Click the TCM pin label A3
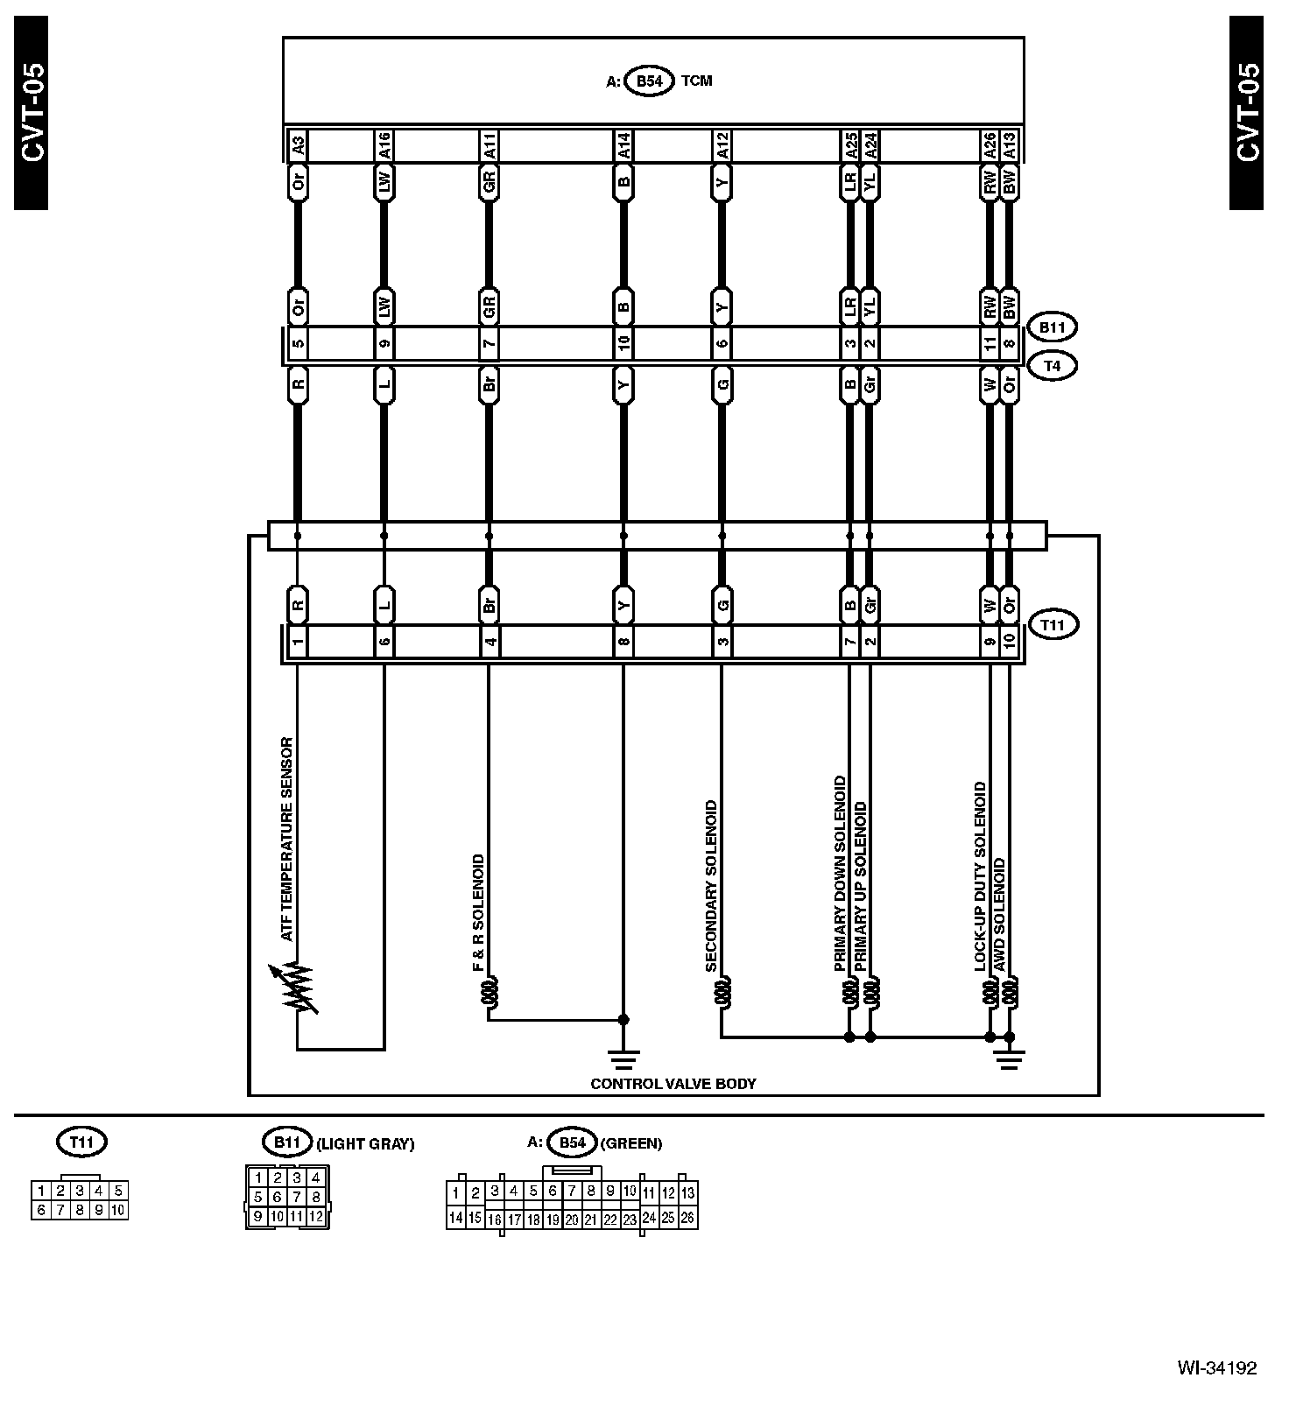tap(297, 144)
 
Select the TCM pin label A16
tap(383, 144)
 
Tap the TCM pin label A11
tap(489, 144)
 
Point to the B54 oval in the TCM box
tap(649, 81)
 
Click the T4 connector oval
tap(1052, 366)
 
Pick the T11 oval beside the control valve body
tap(1052, 625)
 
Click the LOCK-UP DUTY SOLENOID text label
tap(981, 876)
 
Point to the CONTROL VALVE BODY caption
tap(673, 1084)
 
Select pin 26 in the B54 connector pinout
tap(687, 1218)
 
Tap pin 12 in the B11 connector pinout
tap(316, 1216)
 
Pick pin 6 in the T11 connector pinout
tap(40, 1211)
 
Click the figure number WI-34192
tap(1216, 1367)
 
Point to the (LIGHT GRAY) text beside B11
tap(364, 1143)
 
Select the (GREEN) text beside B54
tap(630, 1143)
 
